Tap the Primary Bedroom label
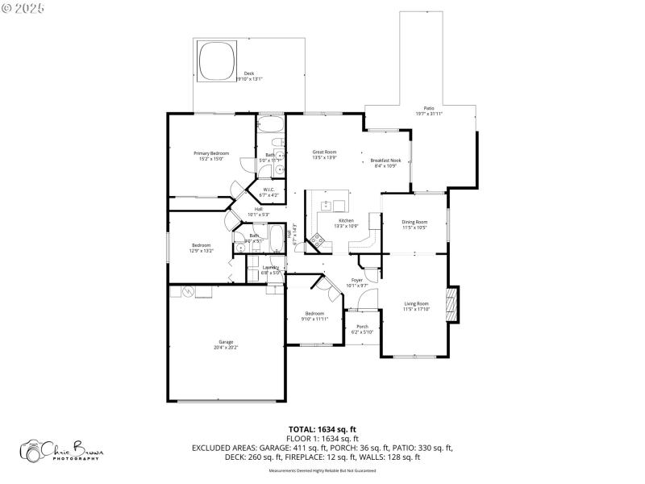[211, 153]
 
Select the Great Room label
[324, 152]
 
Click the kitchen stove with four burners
[326, 238]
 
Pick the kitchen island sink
[327, 205]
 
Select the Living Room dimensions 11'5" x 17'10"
[417, 309]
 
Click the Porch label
[362, 327]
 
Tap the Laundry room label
[271, 267]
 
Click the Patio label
[429, 108]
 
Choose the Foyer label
[356, 280]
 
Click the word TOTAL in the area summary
[303, 429]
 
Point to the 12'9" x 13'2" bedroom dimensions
[201, 251]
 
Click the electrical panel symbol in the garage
[188, 291]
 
